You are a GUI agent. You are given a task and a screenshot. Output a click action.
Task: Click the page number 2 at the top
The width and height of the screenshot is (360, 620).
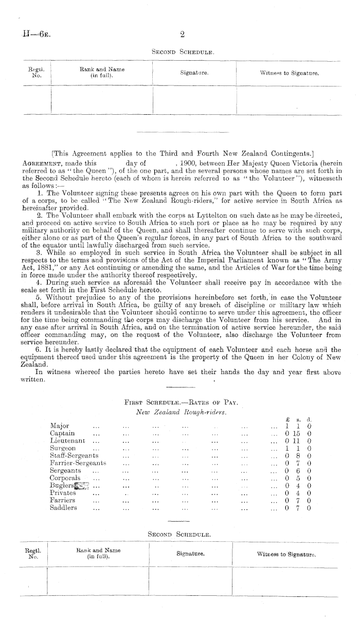click(182, 35)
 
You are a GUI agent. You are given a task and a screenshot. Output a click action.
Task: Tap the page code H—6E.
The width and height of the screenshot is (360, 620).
click(30, 35)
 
